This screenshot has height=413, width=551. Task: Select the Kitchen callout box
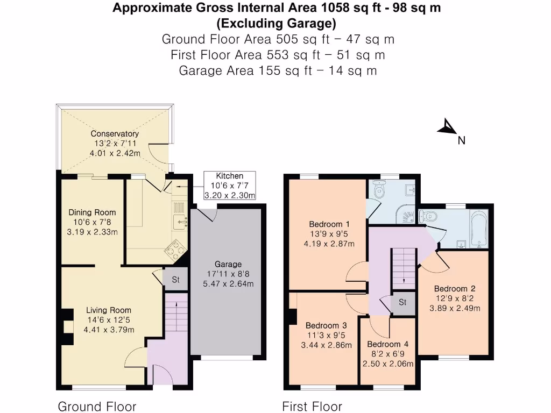(x=229, y=186)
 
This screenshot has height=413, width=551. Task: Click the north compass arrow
(x=446, y=127)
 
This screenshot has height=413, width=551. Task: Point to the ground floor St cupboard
(x=175, y=280)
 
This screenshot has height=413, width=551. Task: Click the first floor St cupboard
(x=403, y=303)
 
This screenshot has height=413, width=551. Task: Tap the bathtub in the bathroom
(x=478, y=229)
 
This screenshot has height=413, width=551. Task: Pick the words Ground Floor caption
(x=97, y=407)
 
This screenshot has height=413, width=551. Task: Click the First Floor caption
(x=312, y=407)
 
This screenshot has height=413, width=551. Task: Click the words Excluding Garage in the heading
(x=276, y=24)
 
